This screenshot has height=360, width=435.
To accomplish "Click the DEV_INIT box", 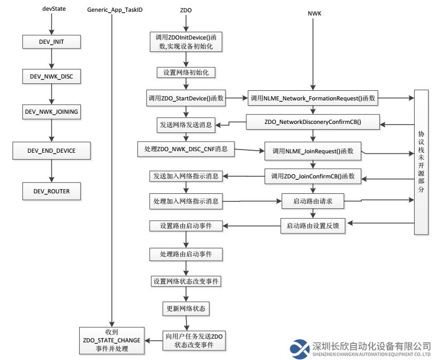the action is coord(52,42).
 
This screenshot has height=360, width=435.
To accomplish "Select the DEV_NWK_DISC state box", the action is coord(52,76).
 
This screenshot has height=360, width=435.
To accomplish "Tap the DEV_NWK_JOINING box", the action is coord(52,112).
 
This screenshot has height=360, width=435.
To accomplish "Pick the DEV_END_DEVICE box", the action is coord(52,151).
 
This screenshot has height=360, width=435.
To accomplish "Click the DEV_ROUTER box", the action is coord(52,191).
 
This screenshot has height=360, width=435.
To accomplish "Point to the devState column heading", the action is coord(54,9).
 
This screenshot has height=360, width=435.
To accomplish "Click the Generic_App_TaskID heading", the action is coord(115,10).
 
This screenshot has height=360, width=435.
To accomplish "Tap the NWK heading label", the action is coord(315,13).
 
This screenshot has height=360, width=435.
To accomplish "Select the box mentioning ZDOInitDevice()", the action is coord(186,42).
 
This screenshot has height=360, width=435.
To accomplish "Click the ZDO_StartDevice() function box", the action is coord(186,98).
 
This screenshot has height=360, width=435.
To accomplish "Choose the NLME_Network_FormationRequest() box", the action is coord(313,98).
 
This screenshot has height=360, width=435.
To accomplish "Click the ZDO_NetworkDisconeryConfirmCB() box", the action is coord(313,122).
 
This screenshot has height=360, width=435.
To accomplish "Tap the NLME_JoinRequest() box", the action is coord(313,151).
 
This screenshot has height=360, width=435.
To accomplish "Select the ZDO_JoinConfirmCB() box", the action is coord(313,176).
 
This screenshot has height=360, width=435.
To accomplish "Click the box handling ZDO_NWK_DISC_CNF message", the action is coord(186,149).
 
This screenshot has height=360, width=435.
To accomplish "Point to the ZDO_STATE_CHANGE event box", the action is coord(112,341).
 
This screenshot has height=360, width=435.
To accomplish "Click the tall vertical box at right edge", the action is coord(421,162).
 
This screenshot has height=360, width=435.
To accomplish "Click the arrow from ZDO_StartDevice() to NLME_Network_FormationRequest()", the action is coord(236,98).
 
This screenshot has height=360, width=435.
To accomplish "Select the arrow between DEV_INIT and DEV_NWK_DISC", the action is coord(52,59).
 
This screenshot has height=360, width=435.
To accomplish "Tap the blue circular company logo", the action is coord(300,349).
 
